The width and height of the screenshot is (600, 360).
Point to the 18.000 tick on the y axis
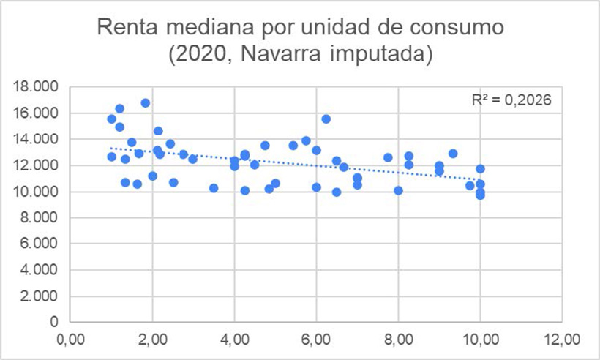(x=37, y=87)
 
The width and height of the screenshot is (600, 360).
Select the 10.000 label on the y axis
(x=37, y=192)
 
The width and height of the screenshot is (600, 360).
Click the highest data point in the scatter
(x=146, y=103)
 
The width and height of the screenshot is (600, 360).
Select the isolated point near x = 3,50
(x=214, y=188)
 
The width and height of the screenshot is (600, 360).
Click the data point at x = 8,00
(x=398, y=190)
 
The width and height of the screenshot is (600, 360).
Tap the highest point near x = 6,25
(x=326, y=119)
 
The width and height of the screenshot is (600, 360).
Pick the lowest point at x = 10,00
(x=480, y=195)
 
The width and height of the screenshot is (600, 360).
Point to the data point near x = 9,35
(x=453, y=154)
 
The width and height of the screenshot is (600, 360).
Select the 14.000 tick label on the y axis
(x=37, y=139)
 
